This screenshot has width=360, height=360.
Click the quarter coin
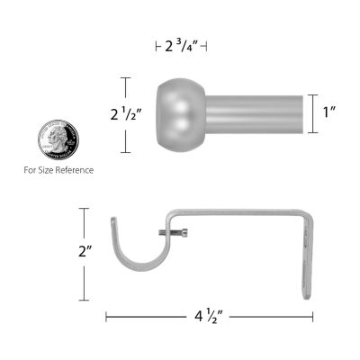tap(58, 140)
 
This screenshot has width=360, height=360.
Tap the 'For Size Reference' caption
tap(58, 169)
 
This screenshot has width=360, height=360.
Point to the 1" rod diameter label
tap(330, 114)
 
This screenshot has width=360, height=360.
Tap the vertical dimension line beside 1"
tap(312, 114)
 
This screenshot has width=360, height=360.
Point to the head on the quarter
tap(58, 140)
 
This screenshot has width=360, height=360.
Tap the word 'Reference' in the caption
tap(74, 169)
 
